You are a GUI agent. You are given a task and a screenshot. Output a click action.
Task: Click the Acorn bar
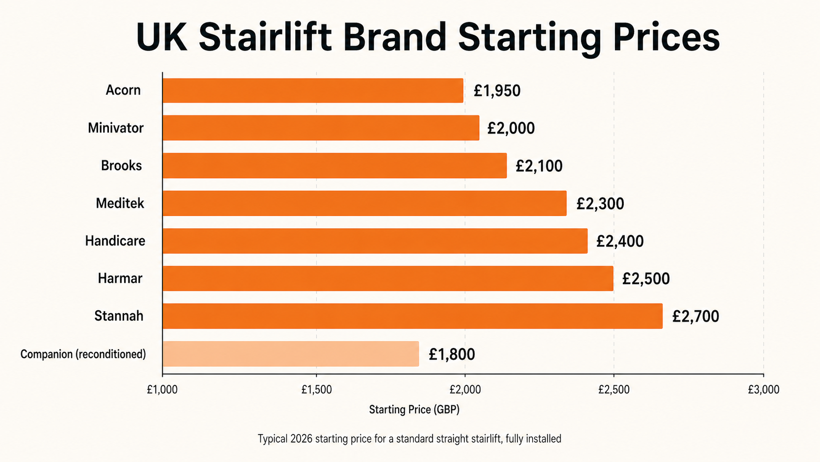[x=313, y=90]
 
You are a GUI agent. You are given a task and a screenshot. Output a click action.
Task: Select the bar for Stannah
[x=412, y=316]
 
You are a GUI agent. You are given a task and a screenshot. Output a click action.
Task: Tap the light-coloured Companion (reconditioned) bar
[x=290, y=353]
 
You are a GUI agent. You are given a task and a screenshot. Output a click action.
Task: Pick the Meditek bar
[x=364, y=203]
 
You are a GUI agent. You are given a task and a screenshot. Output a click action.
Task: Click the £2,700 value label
[x=695, y=316]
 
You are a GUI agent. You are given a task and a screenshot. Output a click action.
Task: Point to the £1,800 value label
[x=452, y=354]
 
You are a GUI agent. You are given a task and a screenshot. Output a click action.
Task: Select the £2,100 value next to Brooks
[x=539, y=166]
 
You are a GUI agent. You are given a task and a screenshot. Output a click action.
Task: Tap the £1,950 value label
[x=497, y=91]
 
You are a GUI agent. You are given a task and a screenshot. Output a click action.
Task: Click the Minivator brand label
[x=116, y=128]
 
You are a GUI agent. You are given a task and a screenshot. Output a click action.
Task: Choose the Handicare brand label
[x=115, y=241]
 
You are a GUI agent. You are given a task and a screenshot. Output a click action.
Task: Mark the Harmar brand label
[x=120, y=278]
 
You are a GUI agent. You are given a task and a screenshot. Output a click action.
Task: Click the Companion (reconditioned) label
[x=83, y=354]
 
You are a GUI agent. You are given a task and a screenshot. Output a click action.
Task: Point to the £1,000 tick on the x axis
[x=162, y=390]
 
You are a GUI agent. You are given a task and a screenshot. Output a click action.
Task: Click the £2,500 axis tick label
[x=614, y=390]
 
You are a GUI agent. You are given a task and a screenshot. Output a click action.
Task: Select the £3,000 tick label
[x=763, y=390]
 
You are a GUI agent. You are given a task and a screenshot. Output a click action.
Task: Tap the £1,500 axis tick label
[x=316, y=390]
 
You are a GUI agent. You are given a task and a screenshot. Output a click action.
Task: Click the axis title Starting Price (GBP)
[x=414, y=409]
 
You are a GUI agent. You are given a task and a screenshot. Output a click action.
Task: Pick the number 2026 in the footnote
[x=301, y=438]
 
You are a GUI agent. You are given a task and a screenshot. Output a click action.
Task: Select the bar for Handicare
[x=375, y=241]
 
